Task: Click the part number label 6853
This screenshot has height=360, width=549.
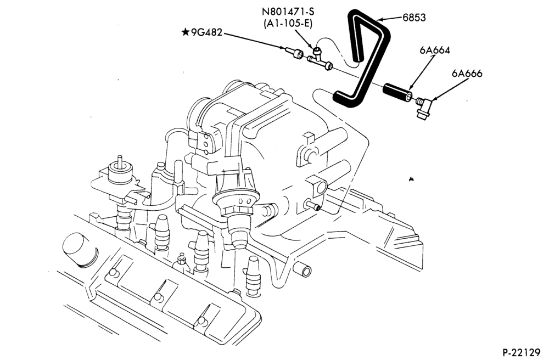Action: [414, 18]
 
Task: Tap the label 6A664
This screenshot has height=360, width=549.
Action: [434, 50]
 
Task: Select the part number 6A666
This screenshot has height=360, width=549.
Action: [467, 74]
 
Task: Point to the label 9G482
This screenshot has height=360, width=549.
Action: [206, 32]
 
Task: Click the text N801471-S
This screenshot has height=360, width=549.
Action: [288, 12]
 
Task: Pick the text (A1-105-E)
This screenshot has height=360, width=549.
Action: [288, 24]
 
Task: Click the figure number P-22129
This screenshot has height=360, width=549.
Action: [522, 352]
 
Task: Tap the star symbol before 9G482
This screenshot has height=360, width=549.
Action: [186, 32]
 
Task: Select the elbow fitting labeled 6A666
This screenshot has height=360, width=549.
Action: [425, 106]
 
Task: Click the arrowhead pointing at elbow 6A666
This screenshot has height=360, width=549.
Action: [434, 100]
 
